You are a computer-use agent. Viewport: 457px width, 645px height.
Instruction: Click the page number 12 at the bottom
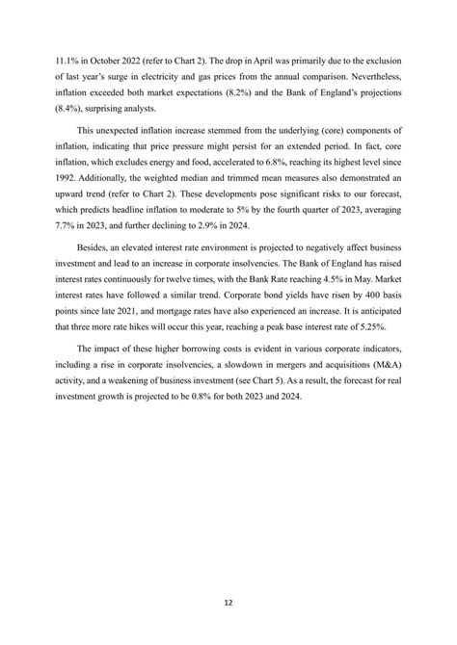(228, 603)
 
